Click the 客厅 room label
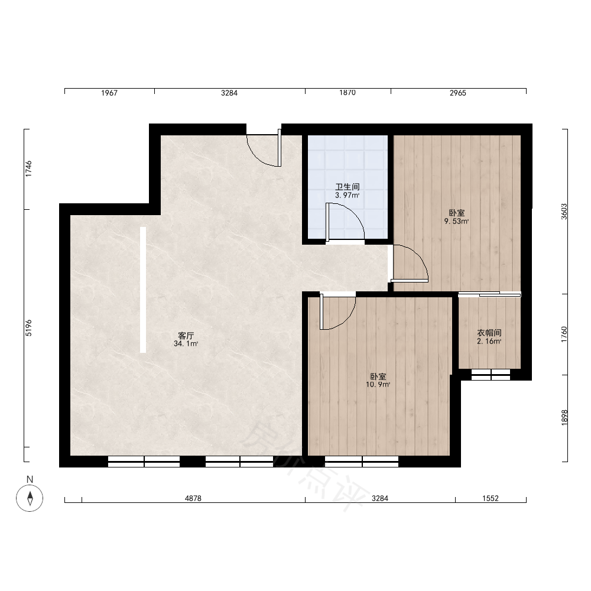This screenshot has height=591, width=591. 186,335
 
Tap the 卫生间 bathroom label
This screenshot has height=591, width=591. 348,187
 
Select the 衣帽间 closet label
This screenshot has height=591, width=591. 489,333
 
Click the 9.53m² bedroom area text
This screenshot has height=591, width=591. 456,221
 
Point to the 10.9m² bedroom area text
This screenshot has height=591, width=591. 378,385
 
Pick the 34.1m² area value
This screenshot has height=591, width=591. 186,344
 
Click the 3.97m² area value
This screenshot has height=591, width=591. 347,195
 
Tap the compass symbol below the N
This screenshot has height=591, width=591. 30,498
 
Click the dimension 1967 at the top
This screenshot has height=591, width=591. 109,93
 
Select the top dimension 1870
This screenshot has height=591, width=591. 347,93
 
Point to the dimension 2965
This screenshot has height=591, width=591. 458,93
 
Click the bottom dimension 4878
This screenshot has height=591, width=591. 193,498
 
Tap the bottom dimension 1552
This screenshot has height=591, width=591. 491,498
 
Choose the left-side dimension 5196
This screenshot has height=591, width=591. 29,328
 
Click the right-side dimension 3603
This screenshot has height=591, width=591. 564,212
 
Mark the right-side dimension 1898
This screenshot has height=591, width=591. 564,418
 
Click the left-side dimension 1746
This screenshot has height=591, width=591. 29,169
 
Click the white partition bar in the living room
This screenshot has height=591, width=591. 143,290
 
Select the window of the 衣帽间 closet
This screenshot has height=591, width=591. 491,375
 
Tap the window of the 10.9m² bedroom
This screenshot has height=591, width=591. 362,462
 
